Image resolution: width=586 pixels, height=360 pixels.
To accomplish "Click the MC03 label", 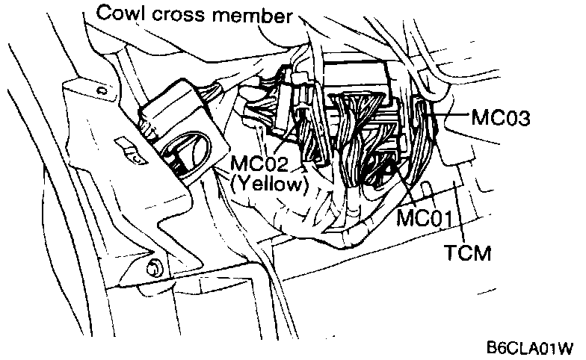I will pos(501,119).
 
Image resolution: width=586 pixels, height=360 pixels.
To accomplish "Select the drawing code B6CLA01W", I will pos(528,348).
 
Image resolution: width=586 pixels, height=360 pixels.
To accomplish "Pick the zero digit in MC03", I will pos(508,119).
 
